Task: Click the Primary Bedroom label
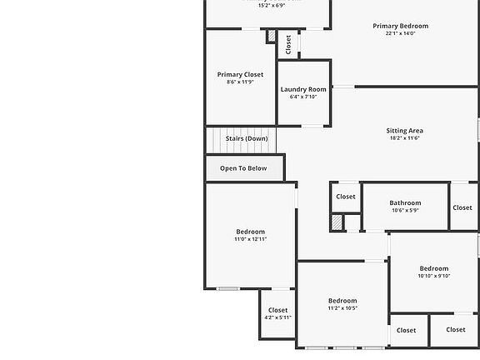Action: click(x=400, y=26)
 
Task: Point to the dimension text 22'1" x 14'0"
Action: click(x=400, y=33)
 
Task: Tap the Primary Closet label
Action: click(x=240, y=74)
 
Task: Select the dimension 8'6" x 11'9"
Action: click(x=240, y=82)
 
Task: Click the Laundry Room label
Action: click(x=303, y=89)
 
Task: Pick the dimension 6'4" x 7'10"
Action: click(x=303, y=97)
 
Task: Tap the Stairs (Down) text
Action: click(x=247, y=138)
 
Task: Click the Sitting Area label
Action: click(x=404, y=130)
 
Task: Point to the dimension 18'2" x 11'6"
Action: click(x=404, y=137)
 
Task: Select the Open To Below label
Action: click(x=243, y=168)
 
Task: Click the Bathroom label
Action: click(x=405, y=202)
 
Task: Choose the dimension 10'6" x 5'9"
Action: click(x=405, y=210)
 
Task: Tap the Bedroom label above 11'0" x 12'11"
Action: click(x=250, y=232)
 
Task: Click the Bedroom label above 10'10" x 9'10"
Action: click(x=433, y=268)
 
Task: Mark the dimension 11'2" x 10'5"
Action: click(x=342, y=308)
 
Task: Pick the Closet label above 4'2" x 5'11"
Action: click(x=277, y=310)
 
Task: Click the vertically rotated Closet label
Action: click(x=288, y=43)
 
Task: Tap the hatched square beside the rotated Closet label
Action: click(x=271, y=37)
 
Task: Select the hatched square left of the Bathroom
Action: click(x=337, y=222)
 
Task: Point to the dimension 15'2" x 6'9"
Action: click(x=260, y=5)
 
